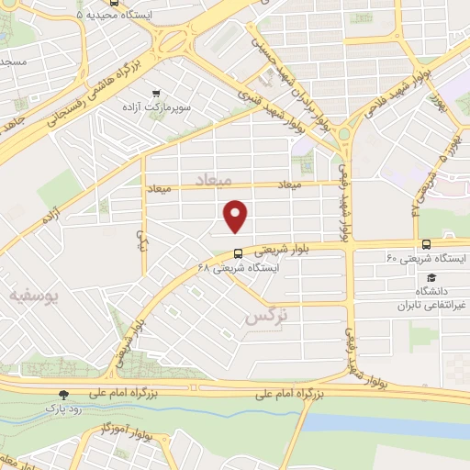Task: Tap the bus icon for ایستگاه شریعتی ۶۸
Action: tap(238, 254)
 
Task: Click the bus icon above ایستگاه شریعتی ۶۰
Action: tap(426, 244)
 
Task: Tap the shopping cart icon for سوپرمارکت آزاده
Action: tap(157, 93)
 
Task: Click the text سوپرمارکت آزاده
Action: tap(158, 107)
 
